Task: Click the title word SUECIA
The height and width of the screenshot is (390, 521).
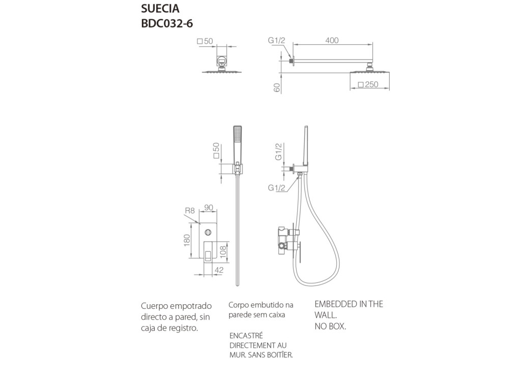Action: click(160, 9)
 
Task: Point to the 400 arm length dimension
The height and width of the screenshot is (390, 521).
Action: click(332, 41)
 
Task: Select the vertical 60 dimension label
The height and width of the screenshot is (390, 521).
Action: click(277, 87)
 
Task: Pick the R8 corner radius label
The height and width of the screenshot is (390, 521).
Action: click(190, 210)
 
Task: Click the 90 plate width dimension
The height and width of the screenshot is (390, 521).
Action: click(209, 207)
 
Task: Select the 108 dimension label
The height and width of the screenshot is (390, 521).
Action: click(222, 251)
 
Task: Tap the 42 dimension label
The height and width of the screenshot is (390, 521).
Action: click(219, 271)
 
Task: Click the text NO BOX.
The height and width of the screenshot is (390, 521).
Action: click(330, 327)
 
